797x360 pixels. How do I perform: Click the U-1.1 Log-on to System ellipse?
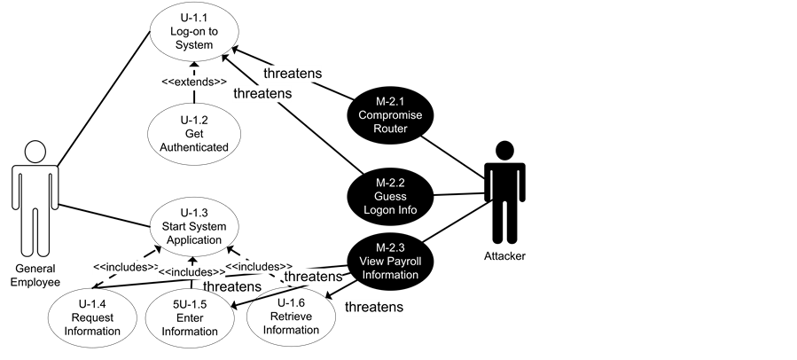click(193, 33)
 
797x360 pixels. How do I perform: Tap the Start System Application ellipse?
click(194, 226)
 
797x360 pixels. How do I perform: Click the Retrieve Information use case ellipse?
click(291, 318)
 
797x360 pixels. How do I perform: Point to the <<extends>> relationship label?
click(194, 82)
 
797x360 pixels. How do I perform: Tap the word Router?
click(390, 129)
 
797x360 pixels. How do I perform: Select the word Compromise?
click(390, 115)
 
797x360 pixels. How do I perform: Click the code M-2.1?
click(390, 102)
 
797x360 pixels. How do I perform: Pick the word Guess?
click(390, 196)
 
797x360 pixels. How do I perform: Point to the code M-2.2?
click(390, 183)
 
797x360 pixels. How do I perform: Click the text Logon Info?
click(390, 210)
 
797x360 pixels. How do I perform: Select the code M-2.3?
click(390, 247)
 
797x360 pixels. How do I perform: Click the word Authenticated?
click(194, 147)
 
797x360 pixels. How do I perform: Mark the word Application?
click(194, 239)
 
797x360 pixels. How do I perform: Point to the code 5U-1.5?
click(188, 304)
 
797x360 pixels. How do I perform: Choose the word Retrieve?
click(291, 317)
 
